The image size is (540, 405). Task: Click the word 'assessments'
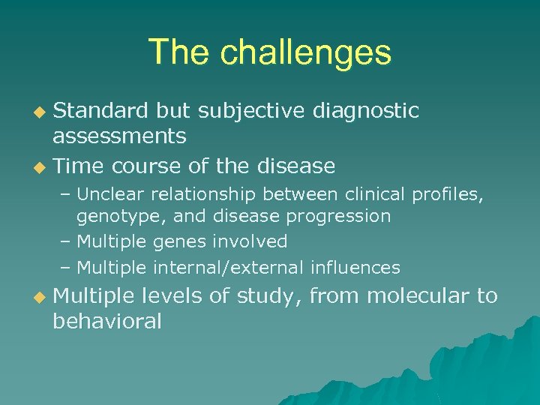pos(119,136)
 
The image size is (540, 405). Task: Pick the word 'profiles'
pos(448,196)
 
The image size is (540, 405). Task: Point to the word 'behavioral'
pos(107,321)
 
